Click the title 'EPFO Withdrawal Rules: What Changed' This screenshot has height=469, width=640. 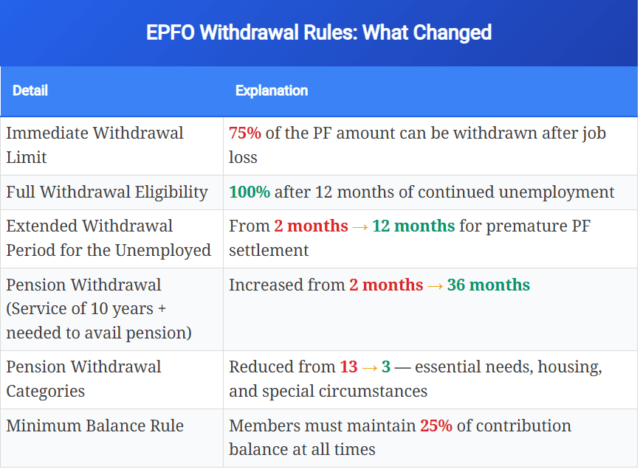pos(319,33)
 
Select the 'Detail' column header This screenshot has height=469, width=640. pos(30,91)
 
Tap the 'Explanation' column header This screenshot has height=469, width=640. pos(272,91)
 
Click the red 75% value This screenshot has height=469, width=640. pos(245,133)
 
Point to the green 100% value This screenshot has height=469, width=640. pos(250,192)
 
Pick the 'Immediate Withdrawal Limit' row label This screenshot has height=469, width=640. pos(94,145)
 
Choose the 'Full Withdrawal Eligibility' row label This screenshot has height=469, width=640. pos(107,192)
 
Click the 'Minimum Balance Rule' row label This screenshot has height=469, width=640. pos(95,426)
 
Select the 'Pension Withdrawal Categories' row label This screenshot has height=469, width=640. pos(83,379)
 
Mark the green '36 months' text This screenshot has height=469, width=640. pos(489,285)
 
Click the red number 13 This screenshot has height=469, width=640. pos(348,367)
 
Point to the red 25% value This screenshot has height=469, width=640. pos(436,426)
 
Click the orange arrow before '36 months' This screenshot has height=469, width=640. pos(435,285)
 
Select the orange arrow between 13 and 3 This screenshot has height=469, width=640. pos(370,367)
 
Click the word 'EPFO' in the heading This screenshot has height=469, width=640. pos(170,33)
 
